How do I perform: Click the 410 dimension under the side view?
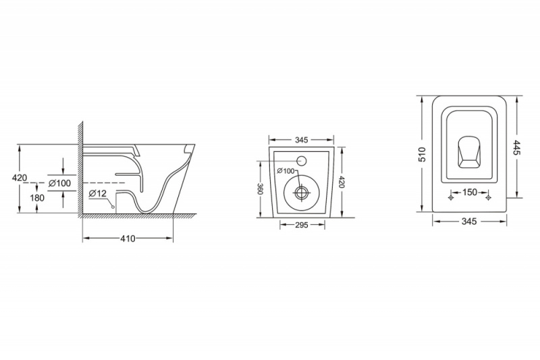(128, 238)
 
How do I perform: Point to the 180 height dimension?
(37, 198)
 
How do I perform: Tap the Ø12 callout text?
(98, 194)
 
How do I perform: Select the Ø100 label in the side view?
(59, 183)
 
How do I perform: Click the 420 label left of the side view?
(20, 178)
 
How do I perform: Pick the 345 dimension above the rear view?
(301, 140)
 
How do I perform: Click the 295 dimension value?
(302, 225)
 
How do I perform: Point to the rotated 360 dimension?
(261, 189)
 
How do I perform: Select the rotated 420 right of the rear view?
(342, 182)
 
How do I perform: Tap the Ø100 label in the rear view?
(286, 170)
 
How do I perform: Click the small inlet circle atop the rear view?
(302, 160)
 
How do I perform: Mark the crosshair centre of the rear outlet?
(302, 193)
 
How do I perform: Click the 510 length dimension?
(423, 155)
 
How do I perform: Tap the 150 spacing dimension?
(469, 192)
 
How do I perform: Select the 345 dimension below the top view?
(469, 221)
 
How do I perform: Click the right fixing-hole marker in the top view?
(488, 198)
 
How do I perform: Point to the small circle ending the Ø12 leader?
(112, 207)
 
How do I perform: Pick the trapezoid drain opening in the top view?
(469, 152)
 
